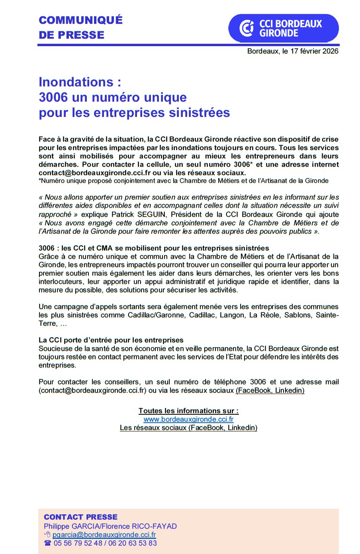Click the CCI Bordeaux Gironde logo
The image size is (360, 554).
[283, 28]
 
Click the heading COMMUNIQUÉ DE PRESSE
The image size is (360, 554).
[80, 27]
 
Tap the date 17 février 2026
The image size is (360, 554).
[314, 51]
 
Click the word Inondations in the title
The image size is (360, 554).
[76, 82]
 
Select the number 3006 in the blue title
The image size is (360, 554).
[53, 97]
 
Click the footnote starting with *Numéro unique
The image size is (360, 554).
[183, 181]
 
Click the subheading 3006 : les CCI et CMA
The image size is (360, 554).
[154, 248]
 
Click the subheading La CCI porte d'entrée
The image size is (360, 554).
[111, 340]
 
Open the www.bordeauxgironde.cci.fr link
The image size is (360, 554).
[188, 419]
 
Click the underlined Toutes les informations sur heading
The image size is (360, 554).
[188, 411]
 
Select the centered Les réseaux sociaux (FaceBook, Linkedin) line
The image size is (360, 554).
[188, 427]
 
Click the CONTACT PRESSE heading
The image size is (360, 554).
[80, 517]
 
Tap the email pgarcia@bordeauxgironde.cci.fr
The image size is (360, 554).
[104, 535]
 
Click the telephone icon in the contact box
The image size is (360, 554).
[48, 543]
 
